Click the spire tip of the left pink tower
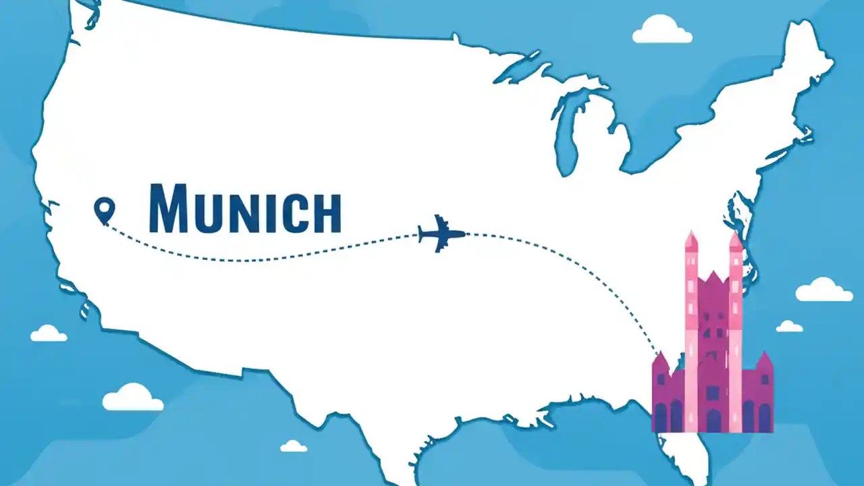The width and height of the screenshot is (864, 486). point(691,234)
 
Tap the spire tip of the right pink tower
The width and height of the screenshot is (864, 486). point(735,234)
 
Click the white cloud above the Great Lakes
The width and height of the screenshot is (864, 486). point(661,30)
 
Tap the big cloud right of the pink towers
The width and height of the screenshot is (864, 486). point(823,290)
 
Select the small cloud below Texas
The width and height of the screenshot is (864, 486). point(294,446)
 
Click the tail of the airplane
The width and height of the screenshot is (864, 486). point(422,234)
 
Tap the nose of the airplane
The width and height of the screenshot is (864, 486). point(464,234)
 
